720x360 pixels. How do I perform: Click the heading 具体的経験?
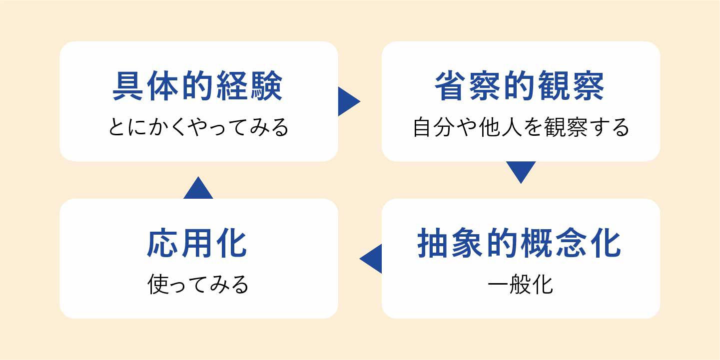click(198, 86)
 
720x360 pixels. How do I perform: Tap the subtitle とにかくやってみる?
click(198, 127)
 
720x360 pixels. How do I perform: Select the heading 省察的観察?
click(520, 86)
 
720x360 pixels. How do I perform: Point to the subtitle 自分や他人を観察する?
click(521, 127)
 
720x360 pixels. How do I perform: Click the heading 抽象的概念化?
click(520, 244)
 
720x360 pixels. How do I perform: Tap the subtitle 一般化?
click(520, 285)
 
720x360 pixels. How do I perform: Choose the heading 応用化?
click(198, 244)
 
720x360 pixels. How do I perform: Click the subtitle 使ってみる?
click(198, 285)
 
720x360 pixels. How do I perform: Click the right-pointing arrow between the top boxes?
click(348, 101)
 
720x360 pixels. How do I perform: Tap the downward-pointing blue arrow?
click(521, 170)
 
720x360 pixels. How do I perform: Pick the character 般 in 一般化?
click(520, 285)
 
